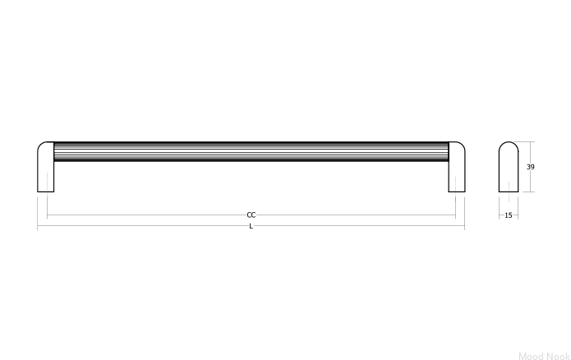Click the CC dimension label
(x=251, y=215)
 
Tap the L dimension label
(x=251, y=226)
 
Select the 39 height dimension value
(x=530, y=167)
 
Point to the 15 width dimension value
(x=509, y=215)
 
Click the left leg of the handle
(x=45, y=167)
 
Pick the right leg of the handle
(x=457, y=167)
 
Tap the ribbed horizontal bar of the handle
(x=251, y=151)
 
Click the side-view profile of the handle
(x=509, y=167)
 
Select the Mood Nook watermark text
(x=545, y=356)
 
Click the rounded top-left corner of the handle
(x=39, y=145)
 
